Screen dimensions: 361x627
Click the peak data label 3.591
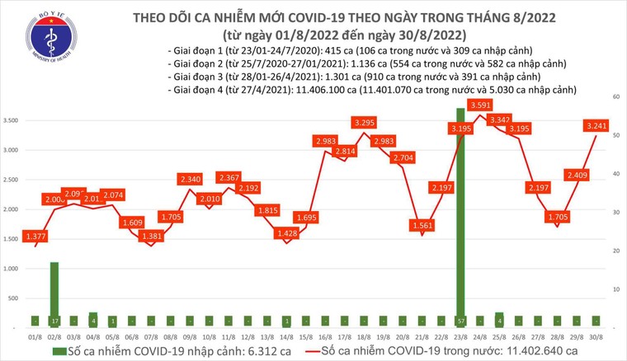coord(480,105)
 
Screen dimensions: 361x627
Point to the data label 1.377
coord(36,236)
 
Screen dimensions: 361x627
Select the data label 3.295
coord(365,123)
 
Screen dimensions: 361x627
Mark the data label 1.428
coord(288,233)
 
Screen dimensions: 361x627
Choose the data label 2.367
coord(230,177)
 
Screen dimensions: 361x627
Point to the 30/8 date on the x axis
coord(593,335)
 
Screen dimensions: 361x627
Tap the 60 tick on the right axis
coord(615,97)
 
